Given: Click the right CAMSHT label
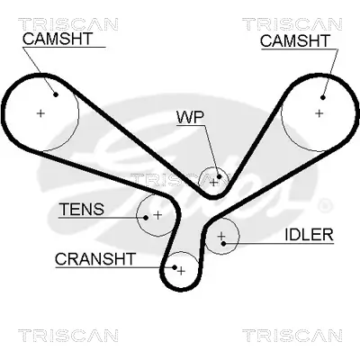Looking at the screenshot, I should pos(293,40).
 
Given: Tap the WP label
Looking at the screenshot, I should pos(189,118).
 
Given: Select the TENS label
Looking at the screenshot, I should pos(81,210).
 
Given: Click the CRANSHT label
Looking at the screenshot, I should pos(94,258).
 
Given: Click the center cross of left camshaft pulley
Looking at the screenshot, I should pos(40,112).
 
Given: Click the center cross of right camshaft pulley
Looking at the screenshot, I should pos(319,113).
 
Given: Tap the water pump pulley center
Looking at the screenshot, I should pos(213,181).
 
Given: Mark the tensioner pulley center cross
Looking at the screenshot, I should pos(157,215).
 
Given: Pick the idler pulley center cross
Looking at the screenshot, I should pos(220,238).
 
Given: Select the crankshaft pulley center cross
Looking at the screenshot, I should pos(181,270).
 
